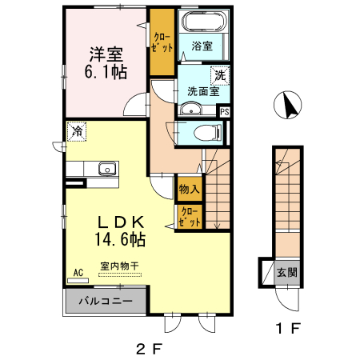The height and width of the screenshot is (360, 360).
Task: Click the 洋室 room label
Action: (105, 54)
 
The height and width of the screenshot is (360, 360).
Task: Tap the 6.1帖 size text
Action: (105, 73)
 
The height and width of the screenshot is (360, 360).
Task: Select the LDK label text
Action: (120, 222)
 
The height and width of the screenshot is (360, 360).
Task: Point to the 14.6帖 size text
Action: (120, 238)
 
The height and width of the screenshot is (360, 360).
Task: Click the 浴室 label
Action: (202, 47)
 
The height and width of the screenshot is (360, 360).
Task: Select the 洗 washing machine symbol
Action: (218, 75)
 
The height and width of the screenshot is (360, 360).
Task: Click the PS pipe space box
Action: (225, 112)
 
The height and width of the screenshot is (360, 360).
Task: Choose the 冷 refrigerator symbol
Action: (78, 130)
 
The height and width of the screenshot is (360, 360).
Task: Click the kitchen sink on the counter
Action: (105, 169)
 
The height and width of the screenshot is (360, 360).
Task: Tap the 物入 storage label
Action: (189, 190)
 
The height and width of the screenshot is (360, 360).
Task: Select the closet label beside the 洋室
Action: (162, 42)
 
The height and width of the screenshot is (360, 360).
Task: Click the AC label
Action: (78, 272)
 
